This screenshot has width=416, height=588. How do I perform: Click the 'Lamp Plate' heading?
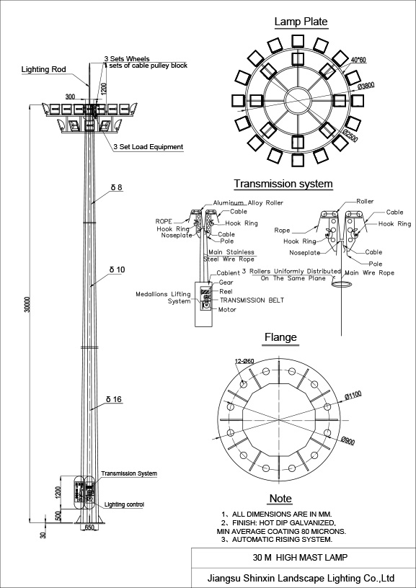click(301, 22)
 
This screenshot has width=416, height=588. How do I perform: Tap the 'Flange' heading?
click(280, 337)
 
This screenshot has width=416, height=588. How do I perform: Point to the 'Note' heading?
click(280, 499)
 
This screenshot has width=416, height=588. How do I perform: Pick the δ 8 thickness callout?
click(117, 187)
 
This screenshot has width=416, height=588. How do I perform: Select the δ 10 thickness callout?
click(118, 269)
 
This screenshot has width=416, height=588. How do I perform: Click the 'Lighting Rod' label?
click(44, 70)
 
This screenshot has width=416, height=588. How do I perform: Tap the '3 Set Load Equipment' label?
click(148, 147)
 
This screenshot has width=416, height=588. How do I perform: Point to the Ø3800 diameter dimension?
click(366, 85)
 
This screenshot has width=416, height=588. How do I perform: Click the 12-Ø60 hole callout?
click(244, 362)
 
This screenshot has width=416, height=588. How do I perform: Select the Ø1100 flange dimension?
click(353, 395)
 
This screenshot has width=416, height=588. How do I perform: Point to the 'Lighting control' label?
click(125, 504)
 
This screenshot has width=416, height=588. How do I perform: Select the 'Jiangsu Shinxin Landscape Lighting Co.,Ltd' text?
click(300, 577)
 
